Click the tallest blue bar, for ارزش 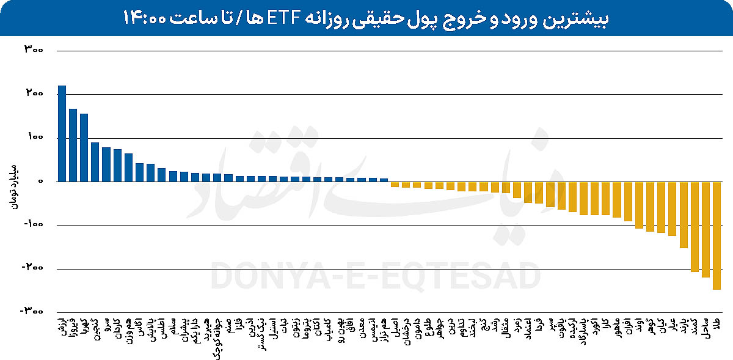point(62,133)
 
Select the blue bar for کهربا point(84,147)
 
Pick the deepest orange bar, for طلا point(717,235)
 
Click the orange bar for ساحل point(706,229)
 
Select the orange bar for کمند point(695,226)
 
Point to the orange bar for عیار point(673,208)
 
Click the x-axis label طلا point(717,320)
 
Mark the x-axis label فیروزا point(73,326)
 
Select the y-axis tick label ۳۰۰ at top point(33,51)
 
